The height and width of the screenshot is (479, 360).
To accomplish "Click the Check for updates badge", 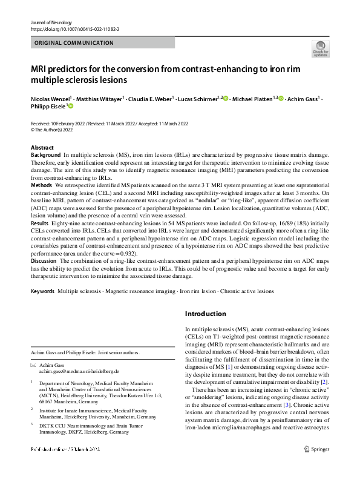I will [x=320, y=48].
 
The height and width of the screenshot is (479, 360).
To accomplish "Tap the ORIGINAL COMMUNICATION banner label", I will [x=74, y=43].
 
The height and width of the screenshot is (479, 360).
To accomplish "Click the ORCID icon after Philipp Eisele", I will [x=70, y=107].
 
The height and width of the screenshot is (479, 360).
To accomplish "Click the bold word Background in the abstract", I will [x=45, y=156].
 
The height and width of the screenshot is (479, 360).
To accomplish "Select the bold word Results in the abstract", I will [x=41, y=225].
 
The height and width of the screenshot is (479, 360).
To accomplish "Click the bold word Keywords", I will [x=43, y=291].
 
